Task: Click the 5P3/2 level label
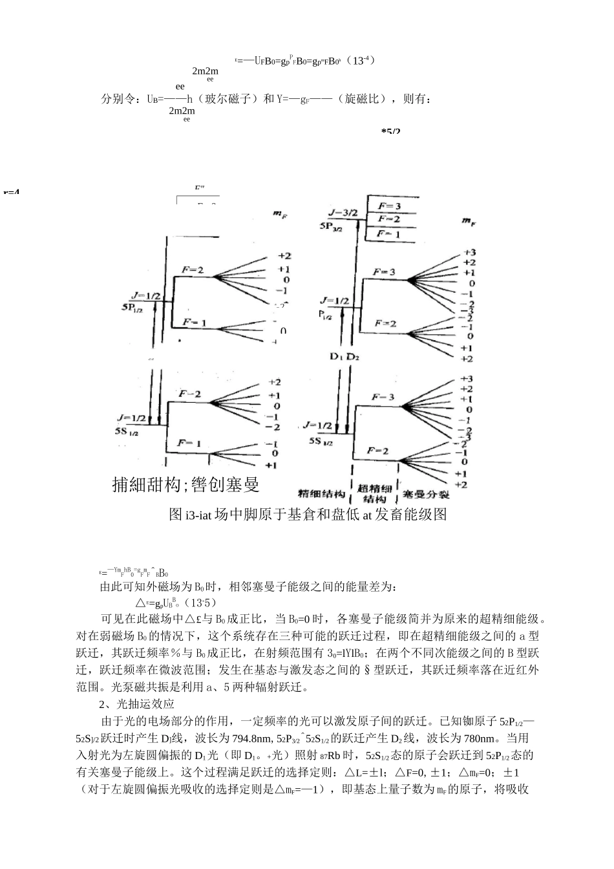tap(335, 226)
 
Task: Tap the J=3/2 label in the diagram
tap(344, 212)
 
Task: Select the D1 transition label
tap(336, 356)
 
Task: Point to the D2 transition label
tap(354, 356)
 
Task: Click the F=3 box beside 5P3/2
tap(389, 206)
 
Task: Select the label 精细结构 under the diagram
tap(321, 495)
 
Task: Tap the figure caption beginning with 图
tap(307, 515)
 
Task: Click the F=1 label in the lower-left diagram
tap(189, 443)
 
